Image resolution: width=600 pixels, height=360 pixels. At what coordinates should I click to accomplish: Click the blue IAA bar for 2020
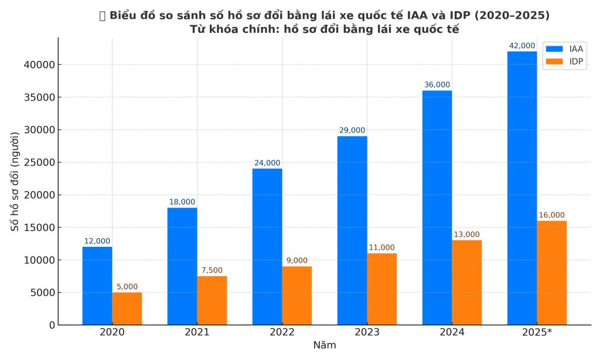(97, 286)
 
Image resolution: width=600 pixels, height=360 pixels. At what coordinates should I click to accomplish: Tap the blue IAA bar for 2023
(352, 230)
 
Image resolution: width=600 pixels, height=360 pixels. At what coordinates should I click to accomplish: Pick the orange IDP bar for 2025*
(551, 273)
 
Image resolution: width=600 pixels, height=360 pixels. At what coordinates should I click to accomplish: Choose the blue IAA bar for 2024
(437, 208)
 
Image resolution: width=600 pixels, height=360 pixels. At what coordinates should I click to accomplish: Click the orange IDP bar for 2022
(296, 296)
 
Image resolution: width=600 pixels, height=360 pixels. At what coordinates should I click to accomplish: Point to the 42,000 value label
(522, 46)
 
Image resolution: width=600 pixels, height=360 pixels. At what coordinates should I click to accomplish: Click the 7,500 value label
(212, 270)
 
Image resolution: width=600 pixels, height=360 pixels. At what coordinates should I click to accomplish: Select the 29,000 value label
(352, 130)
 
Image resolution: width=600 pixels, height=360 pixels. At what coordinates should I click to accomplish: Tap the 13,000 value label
(466, 235)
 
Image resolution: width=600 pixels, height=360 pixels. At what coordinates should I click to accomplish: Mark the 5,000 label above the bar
(127, 287)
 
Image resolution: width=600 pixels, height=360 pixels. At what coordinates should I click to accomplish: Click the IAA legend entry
(566, 49)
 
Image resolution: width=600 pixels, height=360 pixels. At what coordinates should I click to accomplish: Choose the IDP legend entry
(566, 61)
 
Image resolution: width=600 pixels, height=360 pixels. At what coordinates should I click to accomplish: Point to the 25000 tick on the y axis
(39, 162)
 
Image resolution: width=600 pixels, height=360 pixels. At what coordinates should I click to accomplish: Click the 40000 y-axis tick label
(39, 65)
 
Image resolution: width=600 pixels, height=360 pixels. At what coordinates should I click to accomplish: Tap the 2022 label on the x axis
(282, 332)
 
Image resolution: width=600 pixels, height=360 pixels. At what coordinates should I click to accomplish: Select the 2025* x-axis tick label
(537, 332)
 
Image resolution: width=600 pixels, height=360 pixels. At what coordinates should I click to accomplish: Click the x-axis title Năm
(324, 345)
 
